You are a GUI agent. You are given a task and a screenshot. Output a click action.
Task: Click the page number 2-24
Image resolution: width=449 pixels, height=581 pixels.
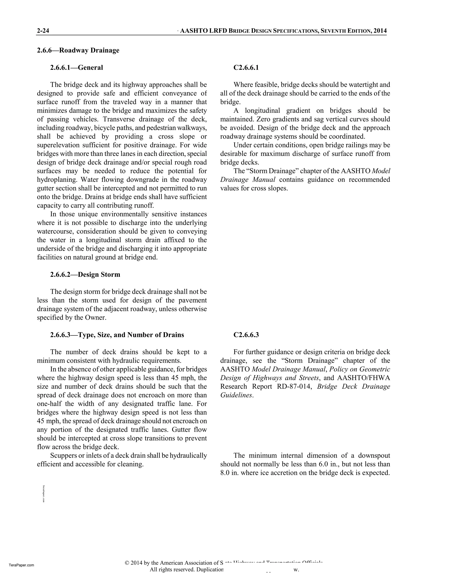coord(43,31)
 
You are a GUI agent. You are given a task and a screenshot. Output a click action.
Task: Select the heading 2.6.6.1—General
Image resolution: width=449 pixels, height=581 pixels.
coord(76,68)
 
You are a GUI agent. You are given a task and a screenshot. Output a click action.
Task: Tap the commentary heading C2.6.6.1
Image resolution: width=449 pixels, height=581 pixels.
coord(246,68)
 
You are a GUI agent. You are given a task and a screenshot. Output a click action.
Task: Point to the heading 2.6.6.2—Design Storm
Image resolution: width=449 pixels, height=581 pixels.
coord(85,274)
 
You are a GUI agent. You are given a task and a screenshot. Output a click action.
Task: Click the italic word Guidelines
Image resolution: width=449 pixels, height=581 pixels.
coord(236,395)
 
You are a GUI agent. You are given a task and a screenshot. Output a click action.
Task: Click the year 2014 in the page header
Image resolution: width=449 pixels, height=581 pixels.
coord(380,31)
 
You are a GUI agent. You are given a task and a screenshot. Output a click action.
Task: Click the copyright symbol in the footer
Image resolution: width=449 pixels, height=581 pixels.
coord(127,563)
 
